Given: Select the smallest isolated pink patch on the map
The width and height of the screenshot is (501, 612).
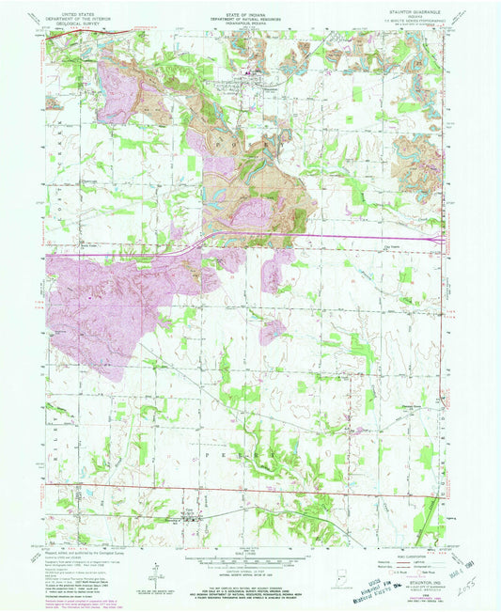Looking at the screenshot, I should pyautogui.click(x=273, y=331).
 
